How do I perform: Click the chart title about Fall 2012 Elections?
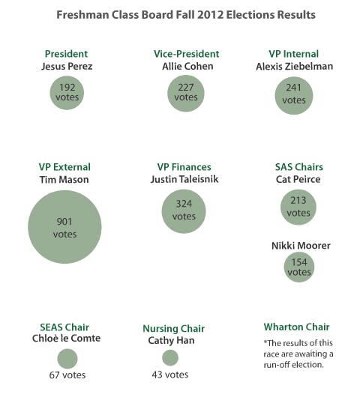186,15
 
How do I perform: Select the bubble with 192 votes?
66,93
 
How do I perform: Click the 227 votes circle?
185,93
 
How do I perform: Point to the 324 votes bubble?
184,210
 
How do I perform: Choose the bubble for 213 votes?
298,207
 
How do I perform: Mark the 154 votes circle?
298,267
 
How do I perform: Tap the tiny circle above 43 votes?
170,358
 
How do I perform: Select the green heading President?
66,54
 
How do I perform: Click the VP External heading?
64,167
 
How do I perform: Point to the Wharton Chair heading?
296,327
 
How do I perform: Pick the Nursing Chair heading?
173,328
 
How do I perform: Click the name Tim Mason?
64,180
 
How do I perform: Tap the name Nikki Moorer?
300,246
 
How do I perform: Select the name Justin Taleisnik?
184,180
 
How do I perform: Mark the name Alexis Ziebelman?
294,66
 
